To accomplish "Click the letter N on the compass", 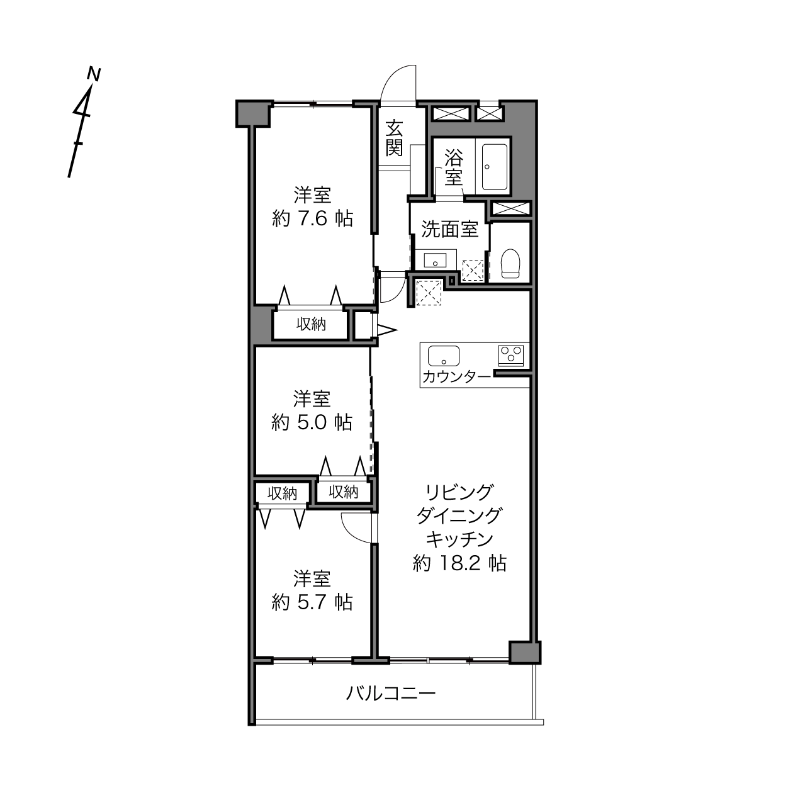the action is [x=94, y=74].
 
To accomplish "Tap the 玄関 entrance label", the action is [x=394, y=138].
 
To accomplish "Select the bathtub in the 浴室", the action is [x=495, y=167].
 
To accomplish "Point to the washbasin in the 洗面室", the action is [x=435, y=260].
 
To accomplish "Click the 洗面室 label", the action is [x=450, y=229].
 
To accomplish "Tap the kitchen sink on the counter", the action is [x=444, y=356].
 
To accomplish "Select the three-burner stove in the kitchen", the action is [x=510, y=356].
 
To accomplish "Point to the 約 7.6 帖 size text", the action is [x=312, y=218].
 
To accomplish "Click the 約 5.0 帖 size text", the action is [x=312, y=422].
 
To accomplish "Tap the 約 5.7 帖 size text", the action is [x=312, y=602].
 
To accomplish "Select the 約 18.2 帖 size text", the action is [x=459, y=563].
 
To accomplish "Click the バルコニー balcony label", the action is [x=391, y=693].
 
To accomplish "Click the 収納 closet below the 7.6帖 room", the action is [x=311, y=324].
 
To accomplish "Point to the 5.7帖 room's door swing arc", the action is [x=352, y=532].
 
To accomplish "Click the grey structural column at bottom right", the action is [x=525, y=652].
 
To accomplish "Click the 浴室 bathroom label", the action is [x=454, y=167].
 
